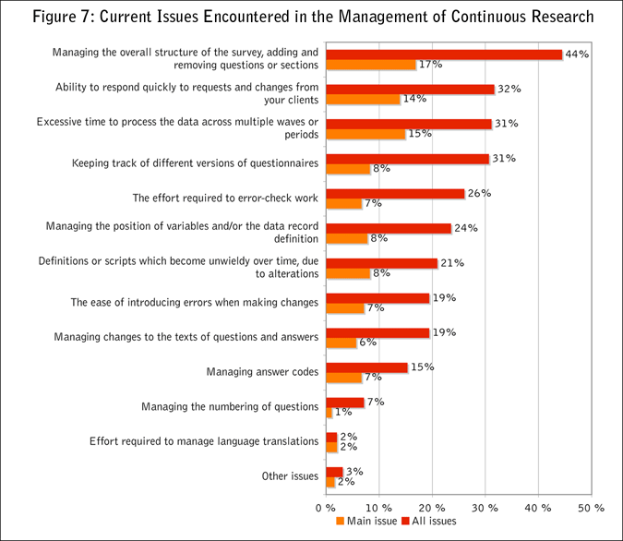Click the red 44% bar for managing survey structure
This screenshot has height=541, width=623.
(444, 54)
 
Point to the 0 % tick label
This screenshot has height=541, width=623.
(325, 507)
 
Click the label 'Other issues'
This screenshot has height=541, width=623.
(290, 476)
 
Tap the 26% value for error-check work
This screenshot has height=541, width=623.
(478, 194)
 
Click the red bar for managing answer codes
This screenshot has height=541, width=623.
(366, 367)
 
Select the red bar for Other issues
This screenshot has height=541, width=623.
(333, 472)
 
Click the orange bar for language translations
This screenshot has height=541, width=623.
(331, 447)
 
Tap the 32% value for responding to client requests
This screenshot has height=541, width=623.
(509, 90)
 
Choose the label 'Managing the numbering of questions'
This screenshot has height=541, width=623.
(230, 407)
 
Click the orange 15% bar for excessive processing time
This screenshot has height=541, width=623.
(365, 134)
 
